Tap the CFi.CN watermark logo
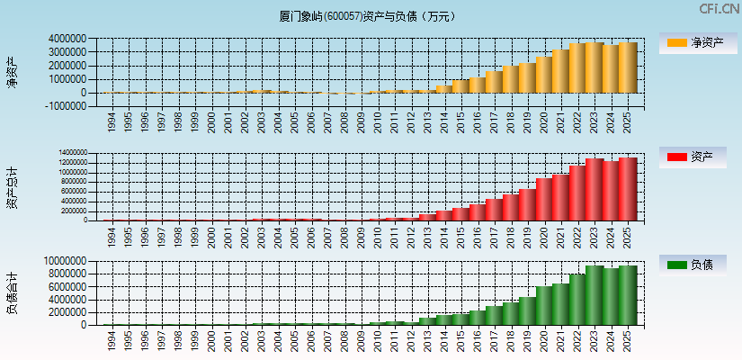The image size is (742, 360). pyautogui.click(x=719, y=9)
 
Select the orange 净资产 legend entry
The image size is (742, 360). pyautogui.click(x=699, y=42)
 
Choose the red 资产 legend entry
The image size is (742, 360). pyautogui.click(x=699, y=157)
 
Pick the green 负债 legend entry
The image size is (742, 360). pyautogui.click(x=699, y=265)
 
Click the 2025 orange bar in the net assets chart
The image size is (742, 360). pyautogui.click(x=627, y=67)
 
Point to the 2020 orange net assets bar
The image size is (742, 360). pyautogui.click(x=544, y=75)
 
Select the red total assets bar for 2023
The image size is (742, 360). pyautogui.click(x=594, y=190)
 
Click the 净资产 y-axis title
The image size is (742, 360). pyautogui.click(x=12, y=72)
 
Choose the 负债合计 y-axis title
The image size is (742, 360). pyautogui.click(x=12, y=293)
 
